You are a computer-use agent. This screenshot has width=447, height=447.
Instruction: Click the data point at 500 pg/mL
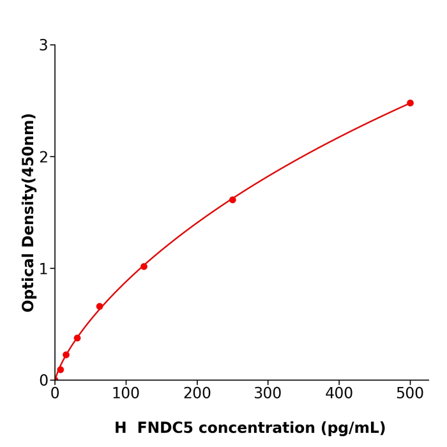pos(410,103)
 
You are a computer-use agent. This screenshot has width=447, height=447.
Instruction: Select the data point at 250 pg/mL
pos(232,200)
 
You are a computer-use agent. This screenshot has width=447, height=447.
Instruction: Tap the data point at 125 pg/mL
pos(144,266)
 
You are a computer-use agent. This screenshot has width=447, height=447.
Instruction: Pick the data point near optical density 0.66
pos(100,307)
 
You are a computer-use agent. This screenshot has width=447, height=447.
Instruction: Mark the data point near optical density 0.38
pos(77,338)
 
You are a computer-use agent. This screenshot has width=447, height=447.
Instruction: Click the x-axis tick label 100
pos(126,393)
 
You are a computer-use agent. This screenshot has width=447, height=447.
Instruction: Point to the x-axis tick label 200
pos(197,393)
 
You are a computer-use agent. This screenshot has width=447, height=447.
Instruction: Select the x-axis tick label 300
pos(268,393)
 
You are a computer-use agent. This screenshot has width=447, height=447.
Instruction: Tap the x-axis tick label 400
pos(339,393)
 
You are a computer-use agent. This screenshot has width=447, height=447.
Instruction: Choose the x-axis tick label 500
pos(410,393)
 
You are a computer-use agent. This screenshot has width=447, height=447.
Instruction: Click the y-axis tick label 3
pos(43,45)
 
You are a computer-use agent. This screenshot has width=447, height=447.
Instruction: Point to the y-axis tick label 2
pos(43,157)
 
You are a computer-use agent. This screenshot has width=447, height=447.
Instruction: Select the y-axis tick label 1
pos(43,269)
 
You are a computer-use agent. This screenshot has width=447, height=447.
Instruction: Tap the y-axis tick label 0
pos(43,381)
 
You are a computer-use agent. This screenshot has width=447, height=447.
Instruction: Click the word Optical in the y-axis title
pos(29,281)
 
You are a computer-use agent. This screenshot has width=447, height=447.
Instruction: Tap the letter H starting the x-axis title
pos(121,428)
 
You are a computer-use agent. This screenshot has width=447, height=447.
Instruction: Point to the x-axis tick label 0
pos(55,393)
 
